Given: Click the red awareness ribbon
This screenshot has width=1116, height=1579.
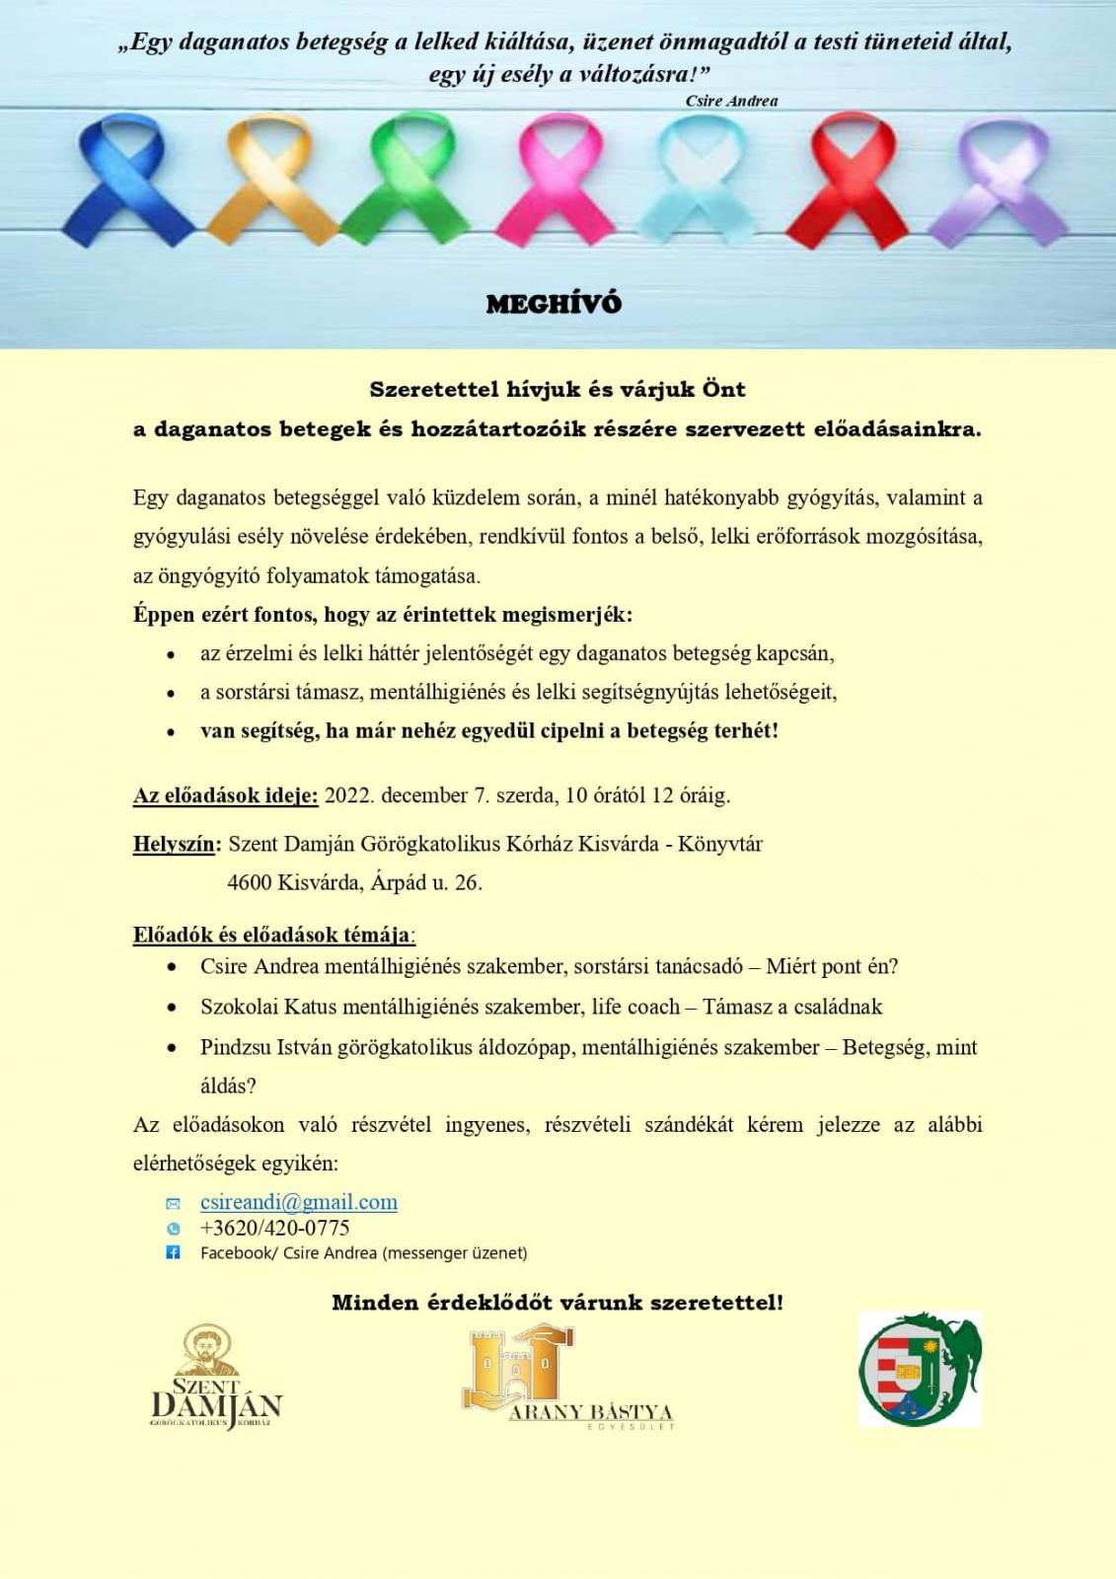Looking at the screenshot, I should tap(846, 178).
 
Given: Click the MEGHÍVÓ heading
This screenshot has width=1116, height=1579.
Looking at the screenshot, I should tap(554, 304).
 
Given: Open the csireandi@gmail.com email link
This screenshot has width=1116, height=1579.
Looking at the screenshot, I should tap(298, 1202).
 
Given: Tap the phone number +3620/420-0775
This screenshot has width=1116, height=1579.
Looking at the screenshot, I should tap(274, 1228).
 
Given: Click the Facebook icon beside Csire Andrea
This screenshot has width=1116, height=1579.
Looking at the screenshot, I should tap(173, 1252).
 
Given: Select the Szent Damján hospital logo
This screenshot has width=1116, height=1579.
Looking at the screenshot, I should tap(216, 1378).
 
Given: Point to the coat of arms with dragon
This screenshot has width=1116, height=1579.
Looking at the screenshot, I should tap(920, 1369).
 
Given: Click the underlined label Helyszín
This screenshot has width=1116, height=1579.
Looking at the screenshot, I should tap(175, 844).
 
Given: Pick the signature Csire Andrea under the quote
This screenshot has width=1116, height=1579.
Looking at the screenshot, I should tap(731, 101).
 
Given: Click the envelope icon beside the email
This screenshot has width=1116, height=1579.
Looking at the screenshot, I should tap(173, 1203).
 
